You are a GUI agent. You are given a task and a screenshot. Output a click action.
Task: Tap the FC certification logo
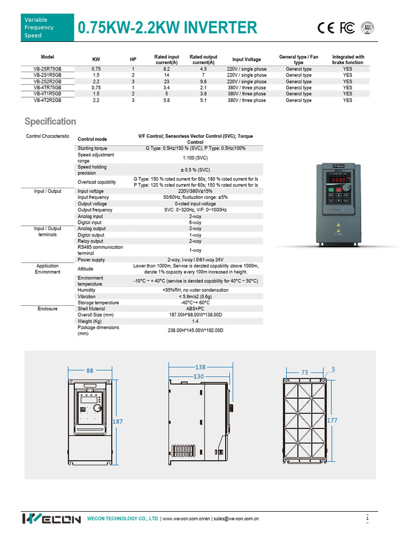347,28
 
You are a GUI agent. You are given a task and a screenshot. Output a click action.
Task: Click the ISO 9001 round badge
368,28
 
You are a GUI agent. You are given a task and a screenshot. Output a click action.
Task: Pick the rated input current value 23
166,82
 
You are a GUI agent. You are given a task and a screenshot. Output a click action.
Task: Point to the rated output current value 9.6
203,82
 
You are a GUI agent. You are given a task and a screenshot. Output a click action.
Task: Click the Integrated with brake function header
348,59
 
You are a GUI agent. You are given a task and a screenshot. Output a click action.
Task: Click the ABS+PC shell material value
195,309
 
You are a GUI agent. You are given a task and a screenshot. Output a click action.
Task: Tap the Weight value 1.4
195,321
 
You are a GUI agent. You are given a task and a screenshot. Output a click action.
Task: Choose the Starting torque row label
92,148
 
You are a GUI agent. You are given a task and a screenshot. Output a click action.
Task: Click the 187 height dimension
118,421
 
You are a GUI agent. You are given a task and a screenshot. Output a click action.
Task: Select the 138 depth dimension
200,367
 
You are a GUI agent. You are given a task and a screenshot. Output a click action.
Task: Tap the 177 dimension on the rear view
332,420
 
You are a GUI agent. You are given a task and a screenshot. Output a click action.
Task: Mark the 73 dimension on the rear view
305,372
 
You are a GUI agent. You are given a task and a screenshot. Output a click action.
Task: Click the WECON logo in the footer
51,519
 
